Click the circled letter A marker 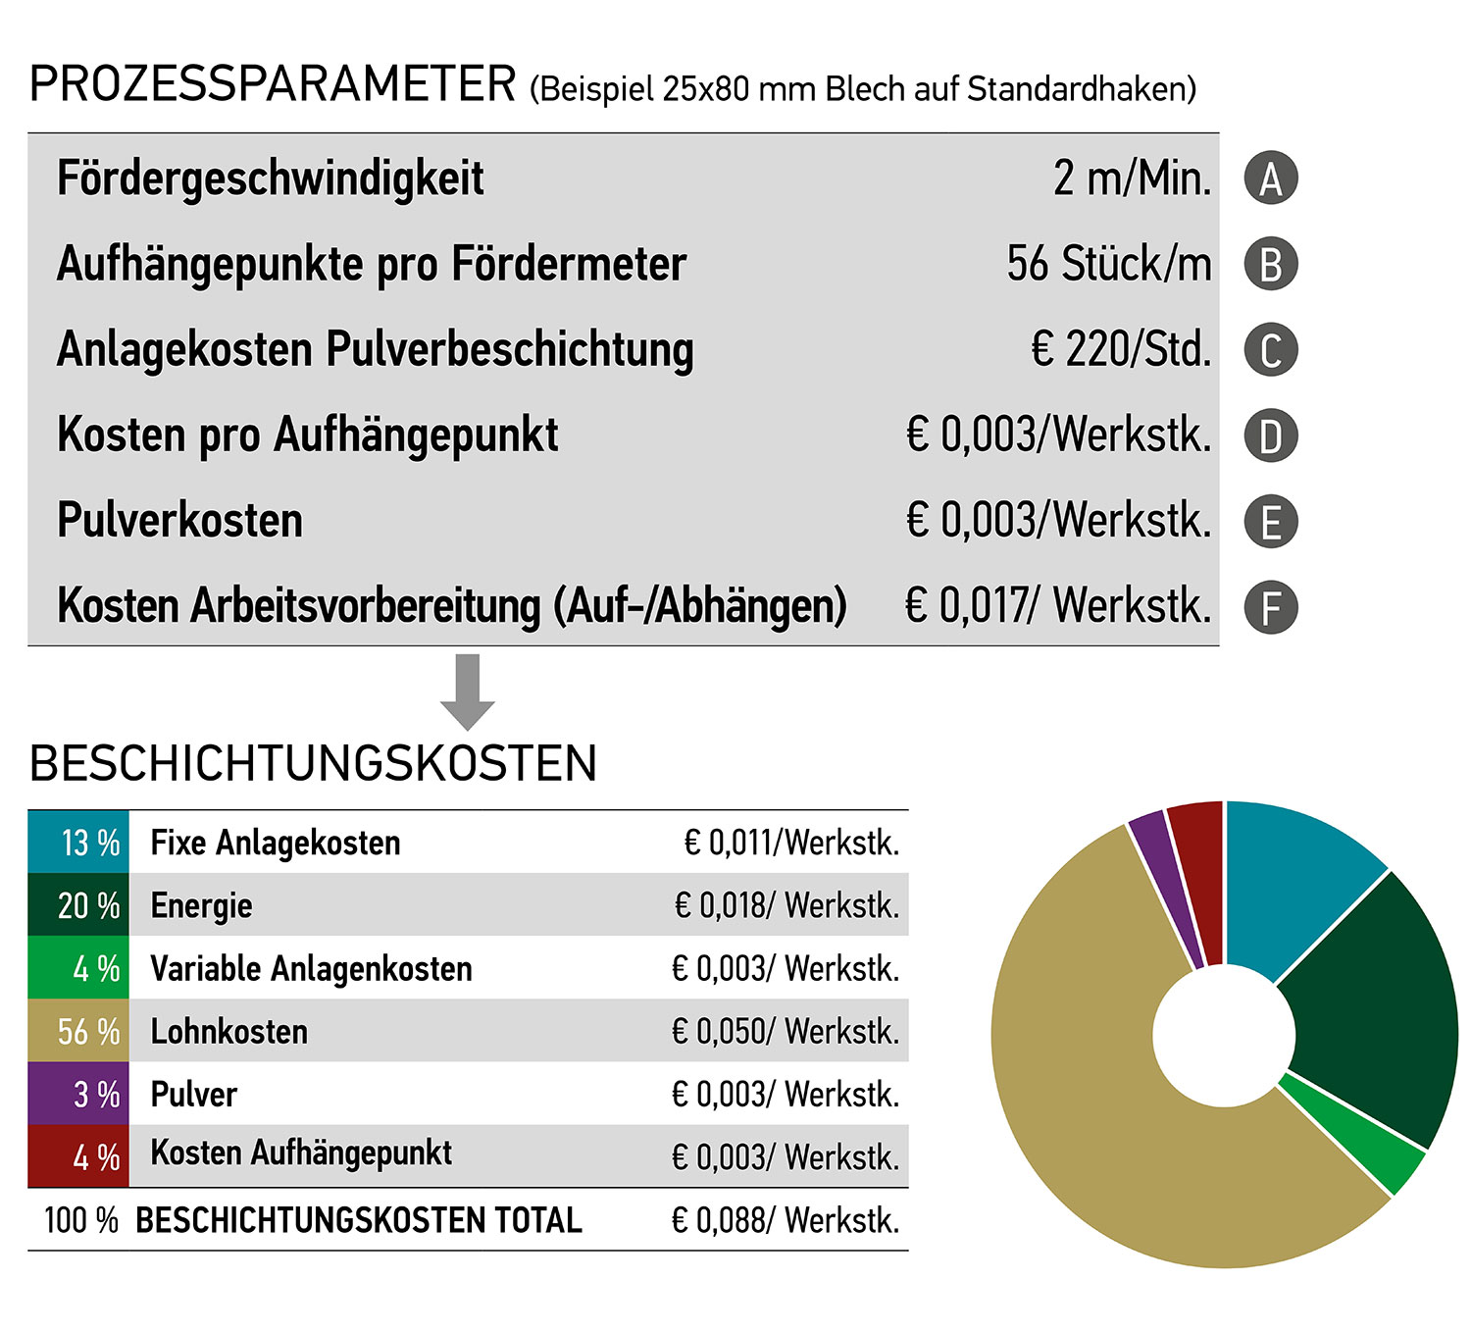[x=1270, y=179]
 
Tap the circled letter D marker [x=1270, y=436]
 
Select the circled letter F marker [x=1270, y=607]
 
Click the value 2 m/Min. [x=1132, y=179]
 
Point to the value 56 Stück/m [x=1108, y=264]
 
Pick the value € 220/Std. [x=1121, y=349]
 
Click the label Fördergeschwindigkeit [x=271, y=179]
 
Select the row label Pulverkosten [x=180, y=520]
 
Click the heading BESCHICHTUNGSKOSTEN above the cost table [x=313, y=763]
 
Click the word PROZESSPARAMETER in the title [x=273, y=84]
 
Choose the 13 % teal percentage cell [x=78, y=842]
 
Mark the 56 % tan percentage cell [x=78, y=1031]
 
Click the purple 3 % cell [x=78, y=1094]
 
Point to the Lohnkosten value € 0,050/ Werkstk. [x=786, y=1031]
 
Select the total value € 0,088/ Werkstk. [x=786, y=1220]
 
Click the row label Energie [x=201, y=905]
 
